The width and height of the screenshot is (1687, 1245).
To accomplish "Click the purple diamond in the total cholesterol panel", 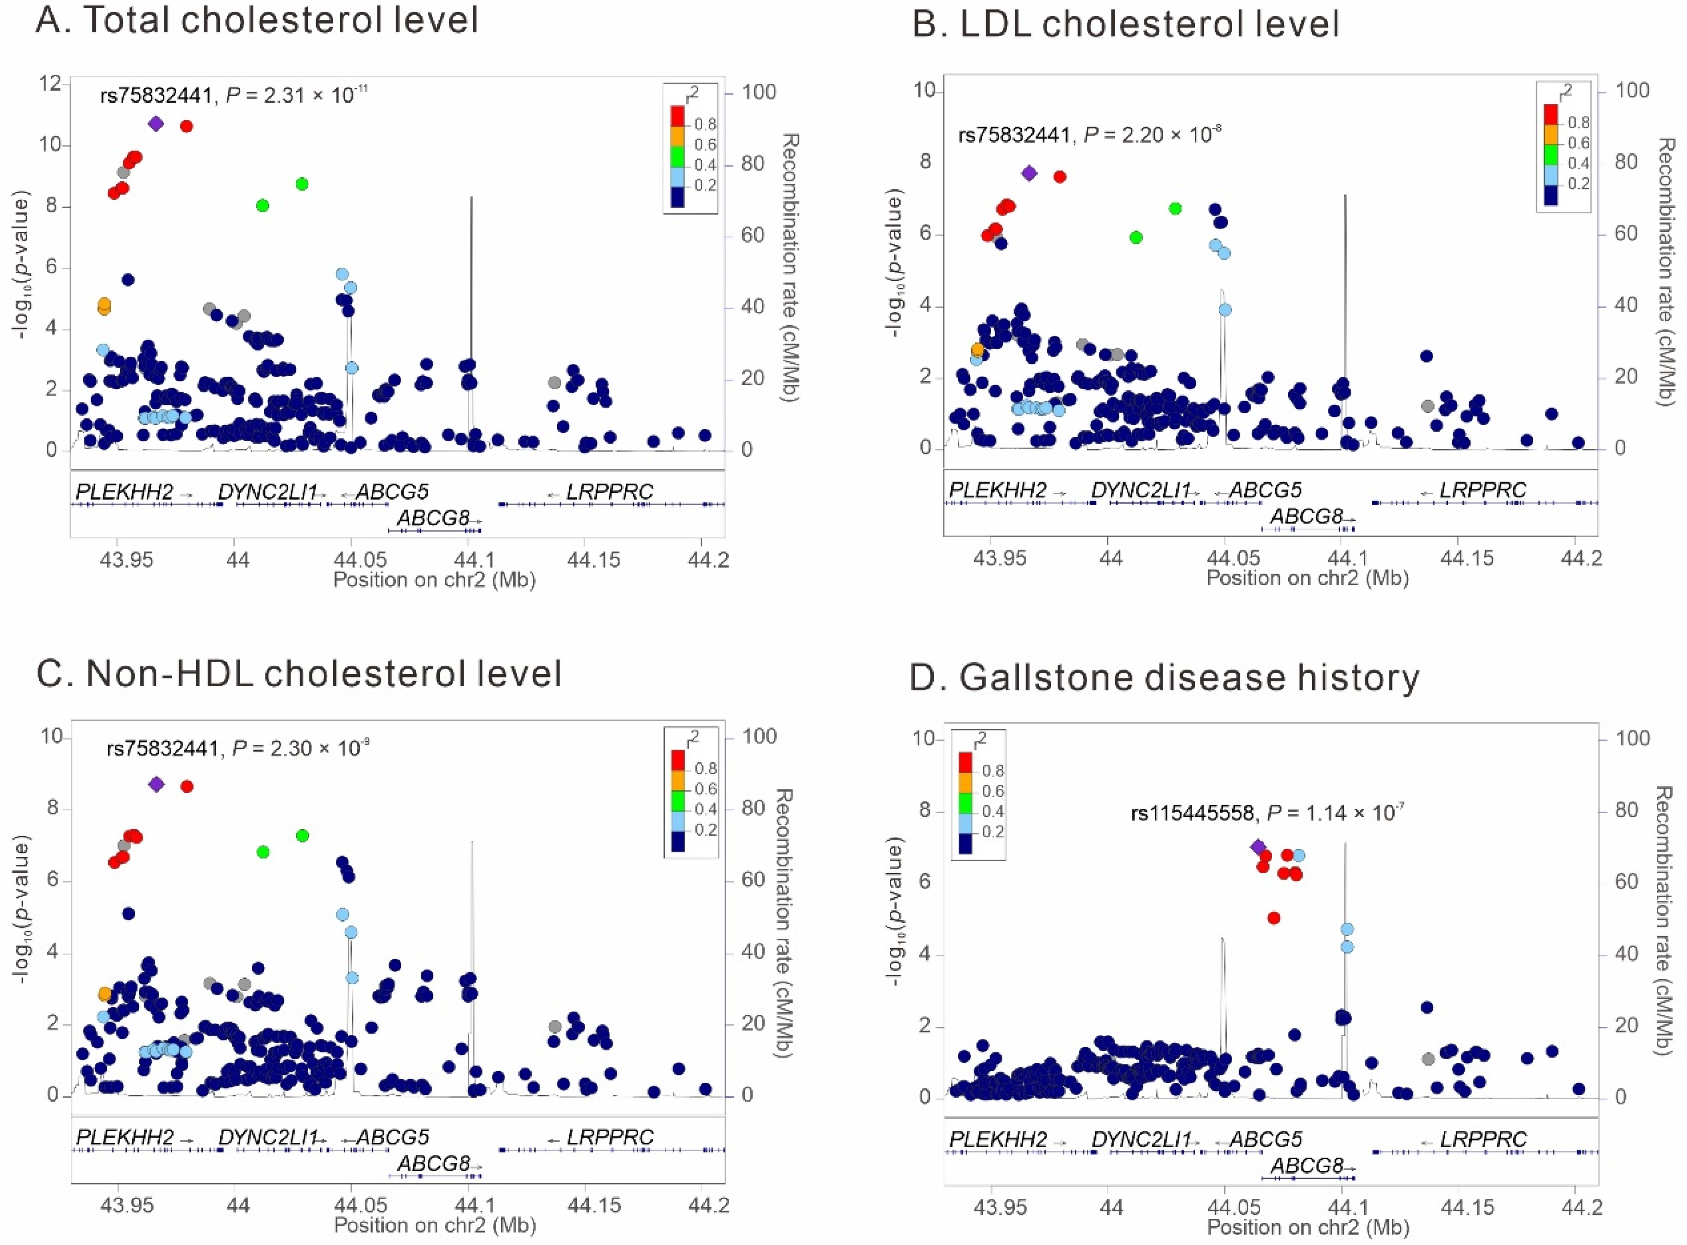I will coord(156,124).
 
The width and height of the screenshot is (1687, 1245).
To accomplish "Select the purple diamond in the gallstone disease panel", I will coord(1257,847).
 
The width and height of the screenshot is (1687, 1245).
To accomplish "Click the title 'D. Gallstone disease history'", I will coord(1164,678).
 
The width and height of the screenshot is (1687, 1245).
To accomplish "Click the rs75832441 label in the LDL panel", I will coord(1014,136).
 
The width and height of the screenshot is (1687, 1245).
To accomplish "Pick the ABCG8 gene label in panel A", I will coord(433,518).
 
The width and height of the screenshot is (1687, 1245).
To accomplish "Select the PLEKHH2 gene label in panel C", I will coord(124,1137).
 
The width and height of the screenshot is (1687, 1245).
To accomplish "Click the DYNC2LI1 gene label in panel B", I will coord(1140,490).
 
